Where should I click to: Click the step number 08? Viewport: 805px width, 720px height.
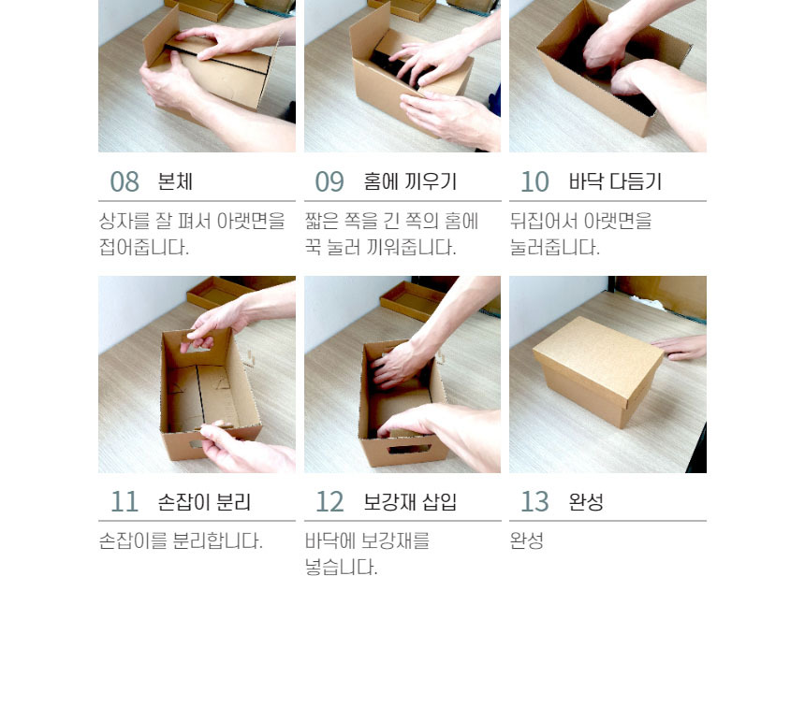(x=124, y=181)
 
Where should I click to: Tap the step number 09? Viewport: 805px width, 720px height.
(x=329, y=181)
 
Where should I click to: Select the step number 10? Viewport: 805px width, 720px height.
(x=535, y=181)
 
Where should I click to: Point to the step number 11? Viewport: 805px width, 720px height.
(x=124, y=501)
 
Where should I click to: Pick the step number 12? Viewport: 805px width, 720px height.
(x=329, y=501)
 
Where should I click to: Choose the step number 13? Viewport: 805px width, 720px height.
(x=535, y=501)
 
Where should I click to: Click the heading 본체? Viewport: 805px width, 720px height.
(x=175, y=181)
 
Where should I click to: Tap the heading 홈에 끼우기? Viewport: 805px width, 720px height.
(x=410, y=181)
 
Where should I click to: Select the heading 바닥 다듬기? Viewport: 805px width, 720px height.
(x=615, y=181)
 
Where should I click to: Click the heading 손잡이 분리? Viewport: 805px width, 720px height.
(x=204, y=501)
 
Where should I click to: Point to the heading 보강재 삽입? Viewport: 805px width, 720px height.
(x=410, y=501)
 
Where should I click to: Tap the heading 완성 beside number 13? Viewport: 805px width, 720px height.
(x=586, y=501)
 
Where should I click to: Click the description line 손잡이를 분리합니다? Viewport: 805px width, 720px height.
(x=181, y=541)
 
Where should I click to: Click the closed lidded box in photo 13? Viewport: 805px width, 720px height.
(x=598, y=370)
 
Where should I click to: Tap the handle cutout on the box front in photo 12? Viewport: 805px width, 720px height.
(x=409, y=449)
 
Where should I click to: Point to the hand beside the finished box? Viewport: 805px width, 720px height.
(x=680, y=347)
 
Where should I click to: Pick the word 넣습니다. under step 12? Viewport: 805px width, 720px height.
(x=341, y=568)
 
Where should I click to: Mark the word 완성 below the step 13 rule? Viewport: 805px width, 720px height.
(x=527, y=541)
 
